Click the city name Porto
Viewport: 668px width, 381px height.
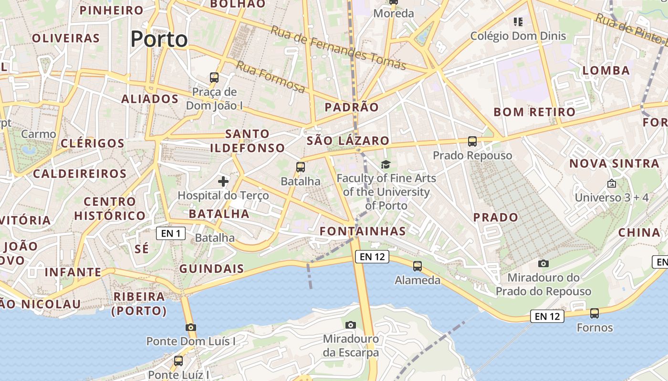(159, 39)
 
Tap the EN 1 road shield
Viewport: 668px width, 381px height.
(171, 233)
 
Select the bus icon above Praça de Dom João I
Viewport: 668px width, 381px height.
(214, 77)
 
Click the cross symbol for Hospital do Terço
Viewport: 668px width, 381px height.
(223, 181)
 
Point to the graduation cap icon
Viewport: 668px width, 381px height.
(386, 165)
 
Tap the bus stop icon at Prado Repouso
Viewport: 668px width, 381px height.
(472, 141)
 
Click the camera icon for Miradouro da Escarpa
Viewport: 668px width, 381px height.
(351, 325)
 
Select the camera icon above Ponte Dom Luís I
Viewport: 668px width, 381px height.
(191, 327)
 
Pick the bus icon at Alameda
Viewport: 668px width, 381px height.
(417, 266)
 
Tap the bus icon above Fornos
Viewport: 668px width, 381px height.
(595, 313)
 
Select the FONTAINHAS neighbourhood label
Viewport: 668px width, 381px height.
(363, 231)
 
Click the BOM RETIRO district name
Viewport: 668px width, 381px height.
(534, 112)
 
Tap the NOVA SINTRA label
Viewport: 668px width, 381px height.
(615, 164)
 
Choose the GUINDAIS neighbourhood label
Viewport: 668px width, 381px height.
(212, 269)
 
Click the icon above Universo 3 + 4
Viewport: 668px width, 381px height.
(612, 183)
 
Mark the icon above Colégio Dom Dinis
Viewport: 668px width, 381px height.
(518, 21)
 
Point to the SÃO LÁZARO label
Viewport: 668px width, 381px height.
(348, 141)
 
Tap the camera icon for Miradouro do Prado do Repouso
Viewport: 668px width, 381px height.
(543, 263)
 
